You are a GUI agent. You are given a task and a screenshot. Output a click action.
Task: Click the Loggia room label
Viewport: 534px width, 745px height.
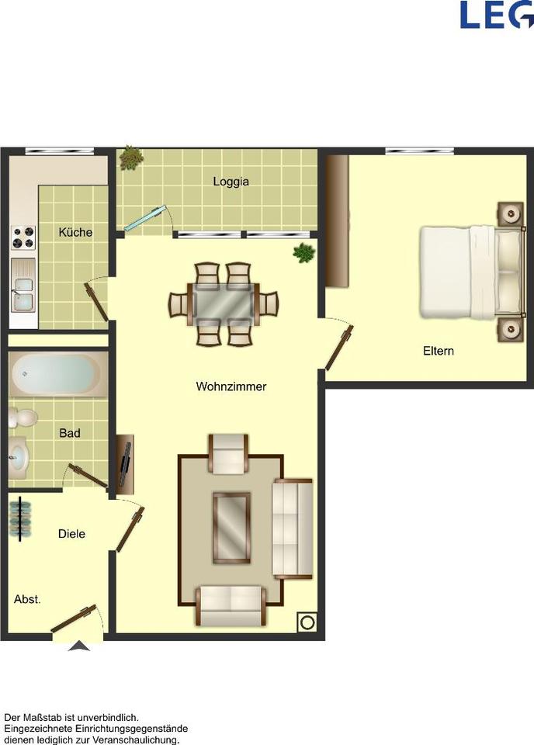[231, 182]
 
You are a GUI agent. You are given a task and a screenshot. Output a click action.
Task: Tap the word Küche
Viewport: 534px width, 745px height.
[75, 232]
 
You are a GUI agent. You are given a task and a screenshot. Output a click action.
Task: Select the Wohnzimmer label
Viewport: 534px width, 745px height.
[231, 386]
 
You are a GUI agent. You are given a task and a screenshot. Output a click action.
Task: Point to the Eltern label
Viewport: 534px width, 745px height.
[439, 351]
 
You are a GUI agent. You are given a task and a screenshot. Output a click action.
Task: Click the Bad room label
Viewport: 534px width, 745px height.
[70, 433]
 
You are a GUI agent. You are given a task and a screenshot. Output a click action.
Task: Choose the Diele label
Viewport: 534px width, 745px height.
[71, 534]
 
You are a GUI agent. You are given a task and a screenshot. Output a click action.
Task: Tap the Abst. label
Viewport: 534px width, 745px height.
[27, 599]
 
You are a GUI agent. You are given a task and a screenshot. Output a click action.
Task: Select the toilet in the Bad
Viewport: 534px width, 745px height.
[23, 418]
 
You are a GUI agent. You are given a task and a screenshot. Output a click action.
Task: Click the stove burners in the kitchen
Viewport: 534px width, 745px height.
[23, 237]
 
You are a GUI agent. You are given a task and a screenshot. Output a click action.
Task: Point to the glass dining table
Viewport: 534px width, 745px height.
[224, 303]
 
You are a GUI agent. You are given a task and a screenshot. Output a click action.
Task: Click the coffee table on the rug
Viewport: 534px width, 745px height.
[232, 528]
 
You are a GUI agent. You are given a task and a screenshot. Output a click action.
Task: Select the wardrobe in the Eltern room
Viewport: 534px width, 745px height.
[336, 221]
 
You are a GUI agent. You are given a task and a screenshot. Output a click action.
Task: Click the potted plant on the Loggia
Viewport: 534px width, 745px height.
[131, 159]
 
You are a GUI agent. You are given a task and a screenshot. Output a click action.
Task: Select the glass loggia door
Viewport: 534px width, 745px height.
[147, 218]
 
